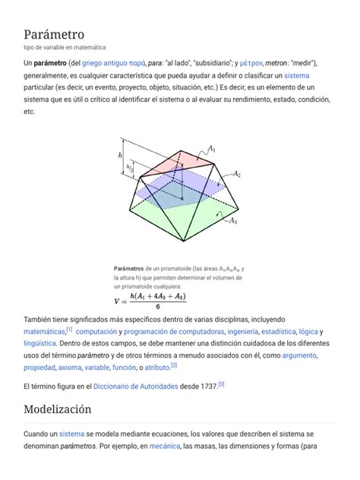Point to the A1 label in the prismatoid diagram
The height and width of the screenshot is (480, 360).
pyautogui.click(x=213, y=150)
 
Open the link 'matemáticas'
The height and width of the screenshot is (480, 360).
pyautogui.click(x=44, y=332)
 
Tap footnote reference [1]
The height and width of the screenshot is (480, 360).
pyautogui.click(x=69, y=330)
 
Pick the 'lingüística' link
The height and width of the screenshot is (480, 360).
pyautogui.click(x=40, y=344)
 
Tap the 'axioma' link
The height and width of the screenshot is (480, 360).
pyautogui.click(x=70, y=368)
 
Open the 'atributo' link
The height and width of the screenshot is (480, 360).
pyautogui.click(x=157, y=368)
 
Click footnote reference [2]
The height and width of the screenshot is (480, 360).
pyautogui.click(x=174, y=365)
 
